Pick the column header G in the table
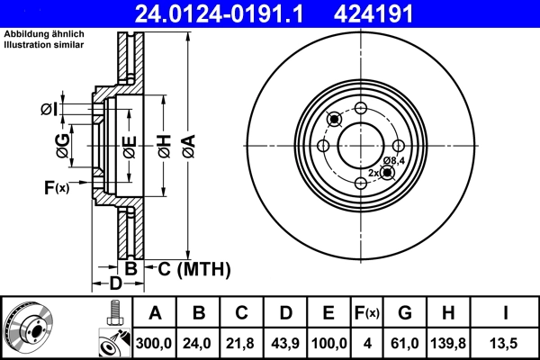coord(405,314)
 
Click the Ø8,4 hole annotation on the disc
coord(395,160)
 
